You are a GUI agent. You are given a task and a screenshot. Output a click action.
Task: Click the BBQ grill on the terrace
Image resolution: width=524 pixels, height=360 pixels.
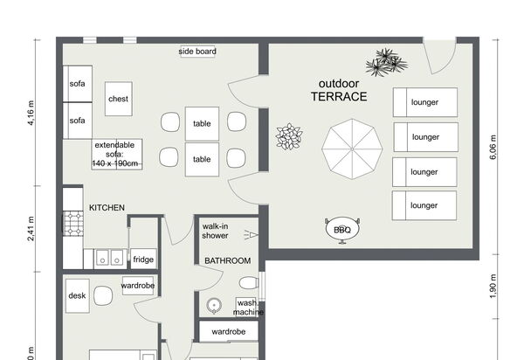(x=342, y=230)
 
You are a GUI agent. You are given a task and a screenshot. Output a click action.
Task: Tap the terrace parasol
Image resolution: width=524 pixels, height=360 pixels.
(x=352, y=149)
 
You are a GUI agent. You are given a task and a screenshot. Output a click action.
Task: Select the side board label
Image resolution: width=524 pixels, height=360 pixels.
(x=197, y=52)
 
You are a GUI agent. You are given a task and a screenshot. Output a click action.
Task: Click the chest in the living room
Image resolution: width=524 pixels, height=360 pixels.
(x=119, y=99)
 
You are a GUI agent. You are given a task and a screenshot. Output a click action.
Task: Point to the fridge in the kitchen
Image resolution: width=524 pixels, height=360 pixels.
(x=143, y=259)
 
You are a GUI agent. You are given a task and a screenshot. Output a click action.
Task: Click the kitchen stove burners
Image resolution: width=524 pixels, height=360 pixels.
(x=73, y=224)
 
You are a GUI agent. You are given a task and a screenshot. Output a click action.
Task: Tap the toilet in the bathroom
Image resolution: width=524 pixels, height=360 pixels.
(x=249, y=283)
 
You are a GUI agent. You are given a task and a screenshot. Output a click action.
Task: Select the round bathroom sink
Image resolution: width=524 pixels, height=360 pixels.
(x=214, y=306)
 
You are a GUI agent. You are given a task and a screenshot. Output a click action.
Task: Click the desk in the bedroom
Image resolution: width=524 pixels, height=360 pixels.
(x=77, y=296)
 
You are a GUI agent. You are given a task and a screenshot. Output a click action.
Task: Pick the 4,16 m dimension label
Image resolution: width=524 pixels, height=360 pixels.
(x=31, y=113)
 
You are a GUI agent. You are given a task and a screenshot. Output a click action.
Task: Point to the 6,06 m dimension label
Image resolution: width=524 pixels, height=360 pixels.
(x=493, y=147)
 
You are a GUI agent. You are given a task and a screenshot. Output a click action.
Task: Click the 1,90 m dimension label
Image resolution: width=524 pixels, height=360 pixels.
(x=493, y=287)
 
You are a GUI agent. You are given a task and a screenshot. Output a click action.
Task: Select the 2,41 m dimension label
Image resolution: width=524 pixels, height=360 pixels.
(x=31, y=229)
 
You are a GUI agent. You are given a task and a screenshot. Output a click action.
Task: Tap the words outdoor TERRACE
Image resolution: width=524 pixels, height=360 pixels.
(x=339, y=90)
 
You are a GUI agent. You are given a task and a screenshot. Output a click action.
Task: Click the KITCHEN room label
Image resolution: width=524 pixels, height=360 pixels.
(x=107, y=208)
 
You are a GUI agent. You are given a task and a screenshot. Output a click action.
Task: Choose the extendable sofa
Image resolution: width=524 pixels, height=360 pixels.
(x=117, y=155)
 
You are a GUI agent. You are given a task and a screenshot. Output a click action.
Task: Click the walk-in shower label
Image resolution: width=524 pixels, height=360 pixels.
(x=215, y=231)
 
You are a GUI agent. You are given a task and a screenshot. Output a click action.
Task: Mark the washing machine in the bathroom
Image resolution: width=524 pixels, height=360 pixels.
(x=246, y=307)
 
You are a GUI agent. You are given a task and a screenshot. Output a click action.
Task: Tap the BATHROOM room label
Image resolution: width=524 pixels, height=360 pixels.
(x=228, y=260)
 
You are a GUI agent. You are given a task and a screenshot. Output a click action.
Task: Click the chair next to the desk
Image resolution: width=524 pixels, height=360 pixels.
(x=103, y=296)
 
